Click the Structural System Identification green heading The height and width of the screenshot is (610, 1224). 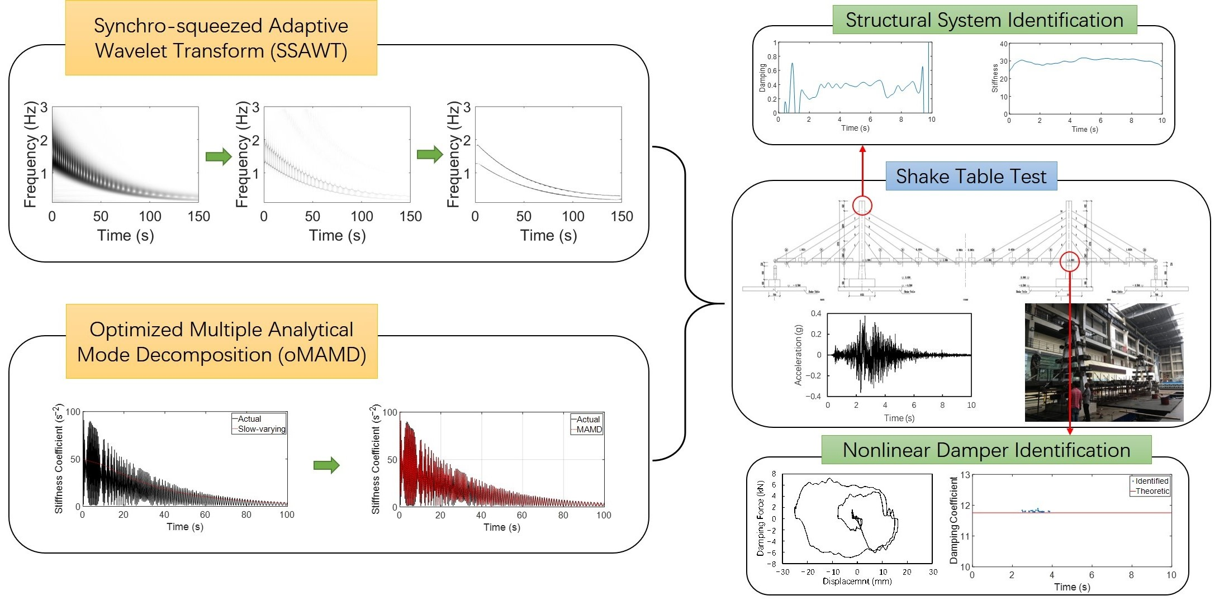(x=984, y=20)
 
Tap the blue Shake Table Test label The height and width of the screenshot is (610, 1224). (x=971, y=177)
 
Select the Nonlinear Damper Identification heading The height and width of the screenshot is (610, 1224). (x=986, y=450)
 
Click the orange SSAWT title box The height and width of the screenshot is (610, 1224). (x=221, y=38)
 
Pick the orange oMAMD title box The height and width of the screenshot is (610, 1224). (x=221, y=342)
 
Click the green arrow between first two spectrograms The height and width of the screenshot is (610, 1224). (x=219, y=156)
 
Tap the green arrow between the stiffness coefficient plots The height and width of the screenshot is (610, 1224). (x=326, y=465)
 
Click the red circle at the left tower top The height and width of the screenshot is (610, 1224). (x=862, y=206)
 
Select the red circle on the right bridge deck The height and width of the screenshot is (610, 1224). (x=1070, y=261)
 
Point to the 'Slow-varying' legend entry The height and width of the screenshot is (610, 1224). (x=262, y=429)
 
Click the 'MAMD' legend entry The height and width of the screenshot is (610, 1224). (x=589, y=430)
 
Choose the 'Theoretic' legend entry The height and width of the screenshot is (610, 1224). (x=1152, y=491)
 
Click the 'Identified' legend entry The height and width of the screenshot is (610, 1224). (x=1152, y=481)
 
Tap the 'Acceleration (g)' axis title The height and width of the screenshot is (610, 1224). (x=798, y=355)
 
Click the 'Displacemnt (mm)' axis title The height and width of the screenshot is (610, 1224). (x=857, y=582)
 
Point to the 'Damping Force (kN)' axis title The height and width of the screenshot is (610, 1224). (x=760, y=518)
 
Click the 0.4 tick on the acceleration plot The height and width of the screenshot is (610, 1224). (x=816, y=313)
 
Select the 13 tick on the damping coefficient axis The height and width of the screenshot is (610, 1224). (x=965, y=475)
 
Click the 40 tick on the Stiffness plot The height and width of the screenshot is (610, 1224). (x=1004, y=44)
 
